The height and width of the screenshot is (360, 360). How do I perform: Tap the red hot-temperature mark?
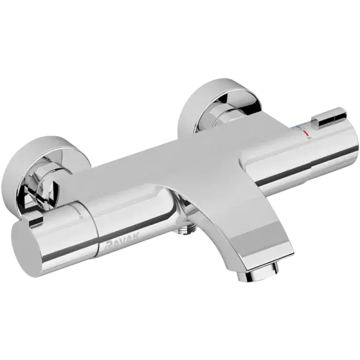click(x=306, y=133)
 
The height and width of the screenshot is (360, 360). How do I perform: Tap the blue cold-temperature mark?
click(x=298, y=127)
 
